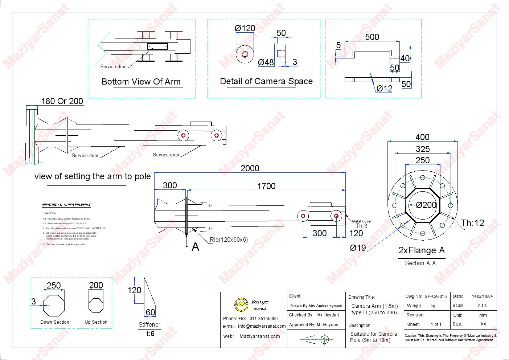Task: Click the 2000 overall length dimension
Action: point(250,168)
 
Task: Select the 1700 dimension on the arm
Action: point(266,186)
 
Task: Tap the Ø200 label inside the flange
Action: point(426,205)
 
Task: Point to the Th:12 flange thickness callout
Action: point(472,223)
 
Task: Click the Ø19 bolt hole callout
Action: point(358,248)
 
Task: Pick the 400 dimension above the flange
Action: point(422,137)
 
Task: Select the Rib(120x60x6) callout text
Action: point(229,240)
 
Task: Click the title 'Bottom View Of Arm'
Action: point(141,82)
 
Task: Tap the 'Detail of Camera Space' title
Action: point(266,81)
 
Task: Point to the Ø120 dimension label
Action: point(245,28)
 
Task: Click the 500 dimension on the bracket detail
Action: point(372,37)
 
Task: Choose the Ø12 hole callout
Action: point(384,88)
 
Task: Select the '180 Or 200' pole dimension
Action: point(62,101)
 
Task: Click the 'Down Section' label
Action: point(55,322)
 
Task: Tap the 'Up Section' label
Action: point(96,322)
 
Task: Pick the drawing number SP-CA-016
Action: point(435,296)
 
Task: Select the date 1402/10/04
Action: point(482,296)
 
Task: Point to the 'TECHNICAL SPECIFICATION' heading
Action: point(66,205)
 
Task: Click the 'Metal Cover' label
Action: point(362,221)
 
